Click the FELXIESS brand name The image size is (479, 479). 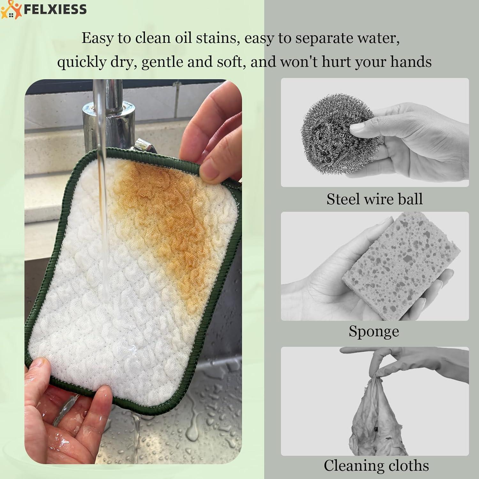tap(55, 9)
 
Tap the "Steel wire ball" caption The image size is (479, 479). tap(374, 199)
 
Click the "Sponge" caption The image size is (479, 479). tap(374, 331)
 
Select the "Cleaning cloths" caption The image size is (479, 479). tap(376, 465)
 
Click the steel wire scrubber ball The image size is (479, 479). tap(335, 134)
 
